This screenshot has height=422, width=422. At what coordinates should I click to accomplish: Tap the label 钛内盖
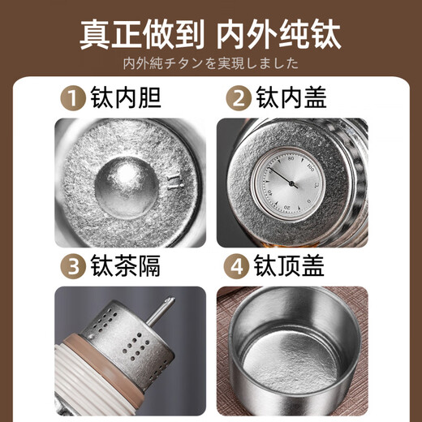(291, 99)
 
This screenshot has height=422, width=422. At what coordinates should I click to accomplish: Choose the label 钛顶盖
(291, 267)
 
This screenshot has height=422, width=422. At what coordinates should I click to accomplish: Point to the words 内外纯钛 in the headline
(285, 36)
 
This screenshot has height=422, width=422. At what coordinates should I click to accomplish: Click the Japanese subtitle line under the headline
(211, 63)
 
